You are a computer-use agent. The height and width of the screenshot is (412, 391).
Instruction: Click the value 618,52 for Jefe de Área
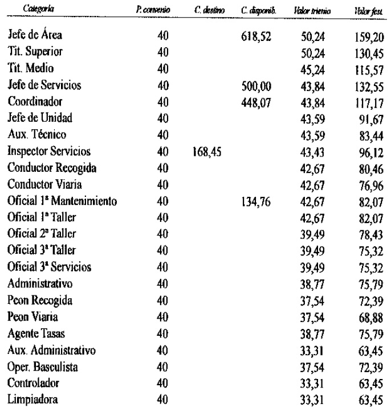coord(255,36)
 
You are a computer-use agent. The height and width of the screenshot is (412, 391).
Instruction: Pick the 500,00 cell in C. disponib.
coord(255,86)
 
